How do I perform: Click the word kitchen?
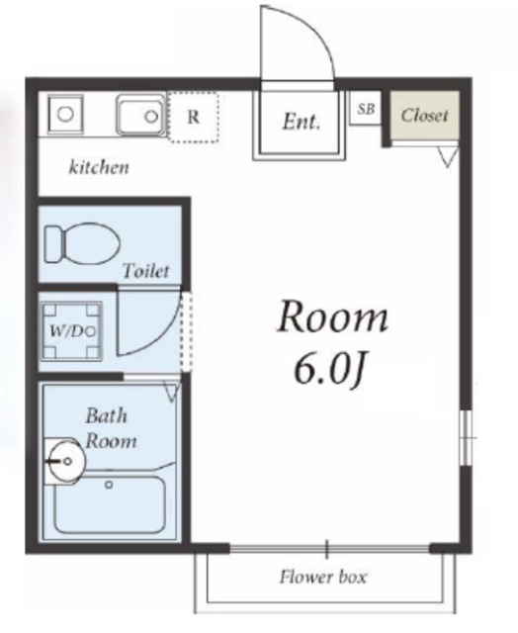pos(99,167)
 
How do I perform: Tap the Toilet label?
pos(145,270)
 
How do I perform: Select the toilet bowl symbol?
pos(83,244)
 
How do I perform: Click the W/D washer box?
pos(72,331)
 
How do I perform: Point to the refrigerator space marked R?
pos(194,117)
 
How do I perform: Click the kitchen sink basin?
pos(140,115)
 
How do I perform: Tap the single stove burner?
pos(65,114)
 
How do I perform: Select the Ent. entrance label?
pos(301,121)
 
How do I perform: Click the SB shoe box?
pos(366,108)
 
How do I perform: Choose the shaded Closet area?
pos(424,116)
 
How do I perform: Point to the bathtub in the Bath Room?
pos(110,504)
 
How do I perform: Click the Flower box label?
pos(323,577)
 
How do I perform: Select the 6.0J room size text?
pos(329,370)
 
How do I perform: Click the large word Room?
pos(332,317)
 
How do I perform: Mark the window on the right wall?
pos(467,438)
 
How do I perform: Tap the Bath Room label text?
pos(110,428)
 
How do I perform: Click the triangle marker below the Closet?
pos(448,157)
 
